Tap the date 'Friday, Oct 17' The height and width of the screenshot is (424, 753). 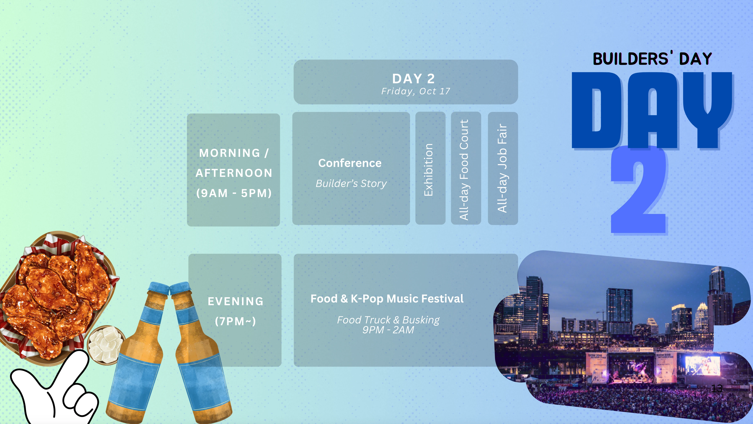[416, 91]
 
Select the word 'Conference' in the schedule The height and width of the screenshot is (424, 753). [350, 163]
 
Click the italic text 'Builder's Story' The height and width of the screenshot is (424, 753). [351, 184]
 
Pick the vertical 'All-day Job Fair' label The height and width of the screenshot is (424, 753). [502, 168]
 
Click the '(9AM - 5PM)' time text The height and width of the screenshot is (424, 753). [234, 193]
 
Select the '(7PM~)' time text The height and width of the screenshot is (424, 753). [236, 321]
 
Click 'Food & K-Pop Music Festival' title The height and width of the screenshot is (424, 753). [387, 299]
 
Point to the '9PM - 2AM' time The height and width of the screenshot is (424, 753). [388, 330]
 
